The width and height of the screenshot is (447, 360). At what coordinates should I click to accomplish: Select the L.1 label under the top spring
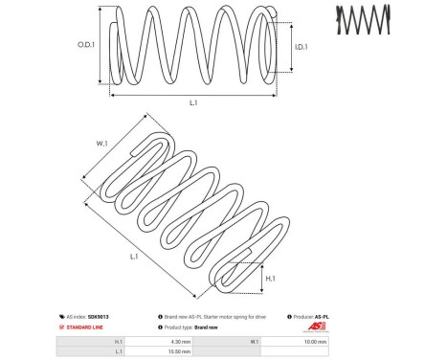[193, 101]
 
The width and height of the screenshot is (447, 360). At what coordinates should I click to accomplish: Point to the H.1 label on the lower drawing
[271, 278]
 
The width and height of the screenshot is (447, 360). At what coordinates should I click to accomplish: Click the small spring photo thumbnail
[364, 19]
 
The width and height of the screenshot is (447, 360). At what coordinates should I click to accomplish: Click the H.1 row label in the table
[118, 341]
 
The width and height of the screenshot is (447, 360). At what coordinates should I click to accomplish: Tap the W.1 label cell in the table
[254, 341]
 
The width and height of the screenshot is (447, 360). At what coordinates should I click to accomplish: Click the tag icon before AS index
[63, 316]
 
